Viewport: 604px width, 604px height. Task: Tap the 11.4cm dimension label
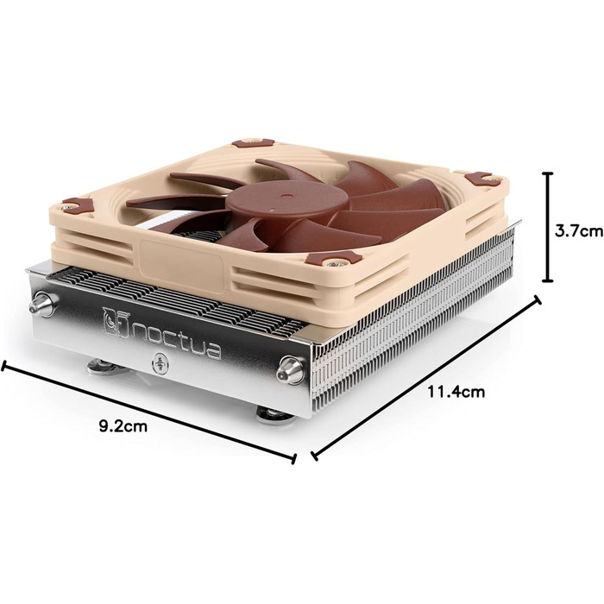tap(456, 392)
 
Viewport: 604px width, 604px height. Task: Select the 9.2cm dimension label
tap(125, 425)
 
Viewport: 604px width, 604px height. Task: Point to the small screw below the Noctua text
tap(159, 364)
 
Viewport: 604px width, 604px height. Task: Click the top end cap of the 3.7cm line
tap(546, 172)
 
